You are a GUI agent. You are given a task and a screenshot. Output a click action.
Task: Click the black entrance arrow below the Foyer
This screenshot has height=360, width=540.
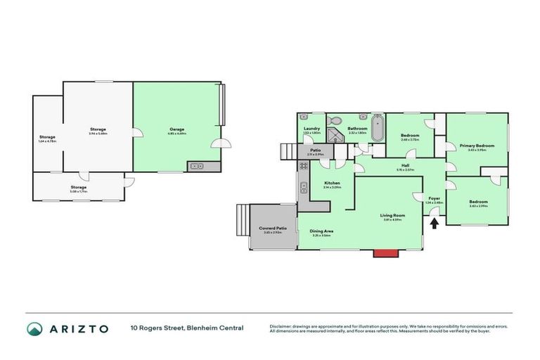(x=434, y=222)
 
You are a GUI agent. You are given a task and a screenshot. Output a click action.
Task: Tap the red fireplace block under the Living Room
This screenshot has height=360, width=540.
(x=383, y=252)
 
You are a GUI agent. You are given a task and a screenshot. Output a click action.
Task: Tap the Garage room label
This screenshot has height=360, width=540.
(x=176, y=129)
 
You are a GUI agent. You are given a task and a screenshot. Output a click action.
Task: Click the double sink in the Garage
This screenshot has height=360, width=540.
(x=195, y=167)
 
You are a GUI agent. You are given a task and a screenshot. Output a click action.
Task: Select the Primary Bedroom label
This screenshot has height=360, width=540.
(x=477, y=146)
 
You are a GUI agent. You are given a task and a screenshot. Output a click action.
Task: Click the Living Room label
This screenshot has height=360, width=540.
(x=392, y=215)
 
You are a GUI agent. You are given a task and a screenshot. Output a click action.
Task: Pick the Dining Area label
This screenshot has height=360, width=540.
(x=322, y=231)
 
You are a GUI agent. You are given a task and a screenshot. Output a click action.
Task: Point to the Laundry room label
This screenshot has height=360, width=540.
(x=311, y=129)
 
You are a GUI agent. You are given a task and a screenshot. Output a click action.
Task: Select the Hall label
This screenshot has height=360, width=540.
(x=405, y=166)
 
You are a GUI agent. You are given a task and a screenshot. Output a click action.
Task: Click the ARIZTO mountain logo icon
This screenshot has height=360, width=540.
(x=34, y=328)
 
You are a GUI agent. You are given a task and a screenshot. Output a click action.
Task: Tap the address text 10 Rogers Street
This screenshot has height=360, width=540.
(x=162, y=328)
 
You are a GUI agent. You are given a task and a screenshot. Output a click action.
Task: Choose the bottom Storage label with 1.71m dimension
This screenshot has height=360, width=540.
(x=78, y=187)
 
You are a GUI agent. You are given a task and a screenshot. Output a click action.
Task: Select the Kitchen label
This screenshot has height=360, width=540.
(x=331, y=184)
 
